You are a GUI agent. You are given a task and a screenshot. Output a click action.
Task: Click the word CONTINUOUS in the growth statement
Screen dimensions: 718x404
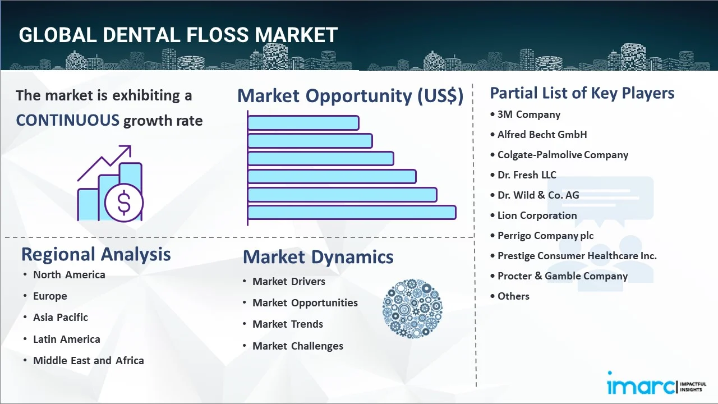point(68,121)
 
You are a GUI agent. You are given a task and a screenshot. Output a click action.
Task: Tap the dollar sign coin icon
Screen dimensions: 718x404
point(124,203)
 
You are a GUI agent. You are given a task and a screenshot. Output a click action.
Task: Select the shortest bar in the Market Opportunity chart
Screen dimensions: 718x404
point(303,123)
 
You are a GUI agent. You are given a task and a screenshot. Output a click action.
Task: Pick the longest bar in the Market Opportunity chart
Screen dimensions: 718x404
point(352,213)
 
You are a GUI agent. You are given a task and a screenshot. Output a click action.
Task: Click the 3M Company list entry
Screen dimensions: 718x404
point(529,114)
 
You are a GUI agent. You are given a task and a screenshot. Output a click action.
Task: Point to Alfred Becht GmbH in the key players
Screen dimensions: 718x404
point(542,134)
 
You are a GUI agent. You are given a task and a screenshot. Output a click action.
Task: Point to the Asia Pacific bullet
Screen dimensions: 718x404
point(61,318)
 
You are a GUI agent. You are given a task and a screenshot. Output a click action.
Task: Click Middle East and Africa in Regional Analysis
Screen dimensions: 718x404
point(89,361)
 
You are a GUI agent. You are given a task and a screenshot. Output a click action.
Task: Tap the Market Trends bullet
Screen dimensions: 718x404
point(288,324)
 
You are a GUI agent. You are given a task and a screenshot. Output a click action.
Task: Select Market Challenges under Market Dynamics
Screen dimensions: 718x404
point(298,346)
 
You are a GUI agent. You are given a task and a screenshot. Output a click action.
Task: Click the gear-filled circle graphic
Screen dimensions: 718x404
point(412,309)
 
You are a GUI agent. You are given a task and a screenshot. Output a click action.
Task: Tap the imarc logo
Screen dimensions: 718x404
point(657,383)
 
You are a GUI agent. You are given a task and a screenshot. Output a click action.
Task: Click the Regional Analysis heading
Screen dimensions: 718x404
point(96,254)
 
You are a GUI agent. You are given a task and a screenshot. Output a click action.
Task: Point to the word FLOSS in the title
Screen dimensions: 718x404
point(218,35)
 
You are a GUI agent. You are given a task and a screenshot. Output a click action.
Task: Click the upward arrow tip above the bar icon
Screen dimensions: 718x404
point(131,146)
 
